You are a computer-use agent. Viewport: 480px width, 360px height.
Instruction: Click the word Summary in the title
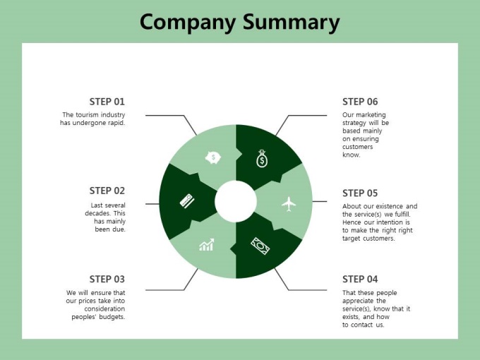[x=291, y=23]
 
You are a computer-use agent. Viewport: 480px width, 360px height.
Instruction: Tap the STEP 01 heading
[x=107, y=102]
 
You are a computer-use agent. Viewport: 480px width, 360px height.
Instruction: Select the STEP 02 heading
[x=107, y=191]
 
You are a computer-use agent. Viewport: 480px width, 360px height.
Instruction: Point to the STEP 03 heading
[x=107, y=280]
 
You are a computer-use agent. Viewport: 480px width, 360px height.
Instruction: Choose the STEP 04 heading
[x=360, y=280]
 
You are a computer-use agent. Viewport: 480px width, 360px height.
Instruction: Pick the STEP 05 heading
[x=360, y=193]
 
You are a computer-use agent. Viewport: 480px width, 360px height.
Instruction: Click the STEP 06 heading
[x=360, y=102]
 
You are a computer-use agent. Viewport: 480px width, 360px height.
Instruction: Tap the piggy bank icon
[x=213, y=157]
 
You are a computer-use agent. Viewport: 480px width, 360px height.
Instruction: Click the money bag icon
[x=262, y=159]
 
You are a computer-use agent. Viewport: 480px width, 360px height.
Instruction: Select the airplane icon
[x=289, y=204]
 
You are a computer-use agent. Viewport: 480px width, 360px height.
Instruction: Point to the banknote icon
[x=260, y=246]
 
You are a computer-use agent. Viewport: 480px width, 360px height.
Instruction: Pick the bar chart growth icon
[x=207, y=245]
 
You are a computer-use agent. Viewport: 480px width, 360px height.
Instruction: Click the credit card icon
[x=187, y=201]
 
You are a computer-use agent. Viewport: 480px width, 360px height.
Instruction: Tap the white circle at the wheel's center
[x=236, y=201]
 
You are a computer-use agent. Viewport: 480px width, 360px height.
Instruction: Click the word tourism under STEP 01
[x=88, y=115]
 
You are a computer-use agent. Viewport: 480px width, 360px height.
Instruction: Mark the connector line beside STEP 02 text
[x=152, y=204]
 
